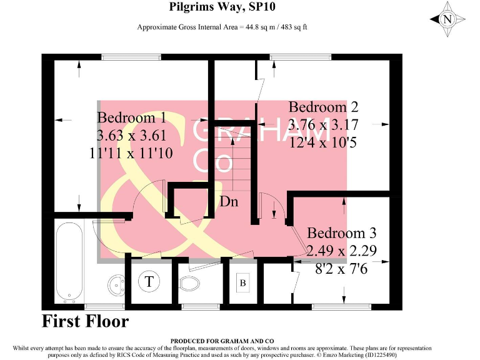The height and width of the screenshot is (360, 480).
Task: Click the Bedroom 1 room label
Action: point(131,117)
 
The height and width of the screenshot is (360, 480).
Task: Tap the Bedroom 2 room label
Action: point(323,107)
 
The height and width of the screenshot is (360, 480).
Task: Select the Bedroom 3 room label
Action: point(341,234)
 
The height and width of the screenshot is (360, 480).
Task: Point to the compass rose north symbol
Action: point(447,19)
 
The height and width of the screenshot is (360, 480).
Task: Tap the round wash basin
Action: point(116,285)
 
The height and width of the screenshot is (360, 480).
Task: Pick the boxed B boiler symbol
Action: point(243,283)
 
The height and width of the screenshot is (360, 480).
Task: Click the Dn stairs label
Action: point(229,202)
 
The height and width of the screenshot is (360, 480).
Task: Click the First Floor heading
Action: point(85,322)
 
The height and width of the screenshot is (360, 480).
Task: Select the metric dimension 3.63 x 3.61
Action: point(132,135)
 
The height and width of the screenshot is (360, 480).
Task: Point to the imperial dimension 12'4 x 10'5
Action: point(323,142)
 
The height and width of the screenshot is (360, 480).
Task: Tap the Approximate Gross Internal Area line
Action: point(222,27)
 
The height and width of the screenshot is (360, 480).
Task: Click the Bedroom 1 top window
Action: point(130,58)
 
